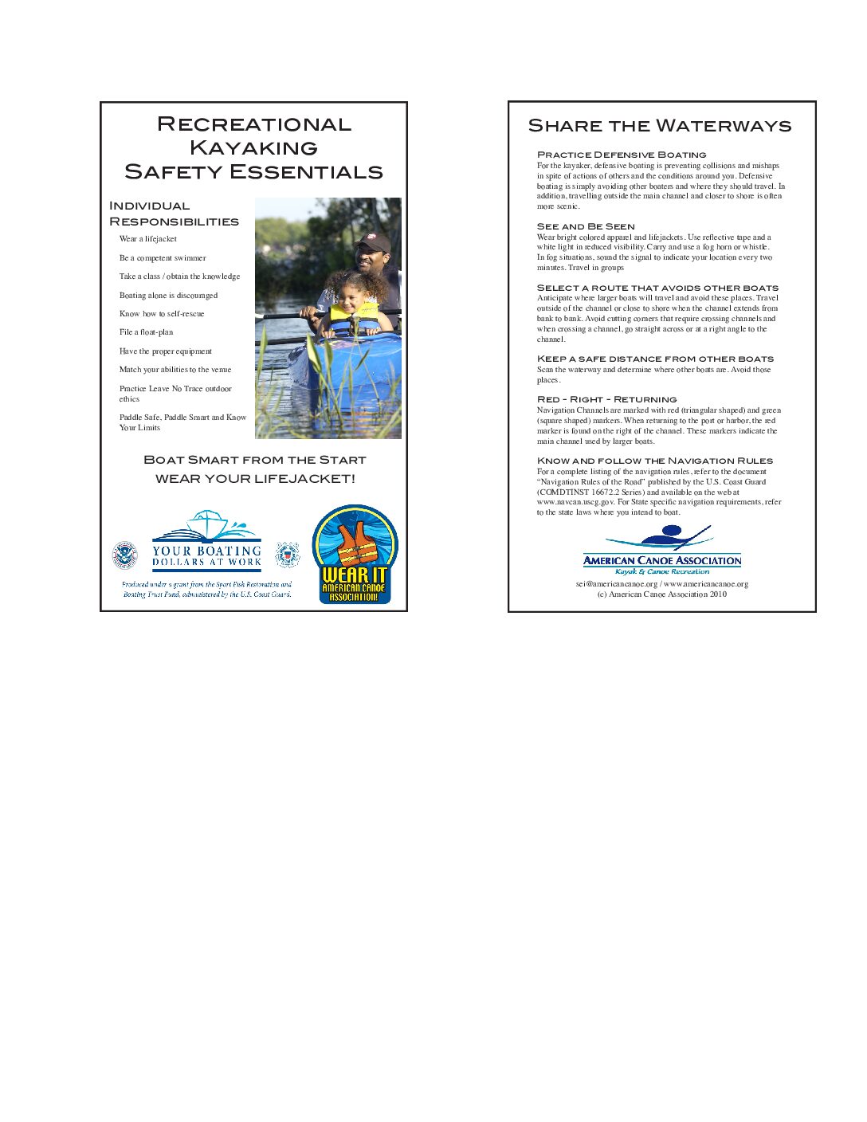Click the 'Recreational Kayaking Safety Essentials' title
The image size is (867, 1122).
253,147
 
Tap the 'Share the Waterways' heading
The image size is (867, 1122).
660,126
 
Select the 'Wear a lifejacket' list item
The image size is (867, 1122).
148,239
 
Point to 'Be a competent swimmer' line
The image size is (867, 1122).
163,258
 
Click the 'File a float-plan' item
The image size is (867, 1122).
146,332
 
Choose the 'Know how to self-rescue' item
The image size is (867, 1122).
162,314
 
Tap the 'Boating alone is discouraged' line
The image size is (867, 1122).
168,296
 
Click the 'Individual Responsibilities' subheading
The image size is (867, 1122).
174,214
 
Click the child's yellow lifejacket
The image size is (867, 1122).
351,317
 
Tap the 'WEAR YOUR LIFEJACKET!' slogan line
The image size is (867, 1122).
255,479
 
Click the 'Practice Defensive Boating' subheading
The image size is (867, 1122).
622,155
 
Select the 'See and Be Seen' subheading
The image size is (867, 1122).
586,226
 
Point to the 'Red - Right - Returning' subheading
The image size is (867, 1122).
606,399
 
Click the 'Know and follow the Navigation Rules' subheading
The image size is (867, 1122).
655,461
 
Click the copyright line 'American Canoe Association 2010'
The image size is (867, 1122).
662,594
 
